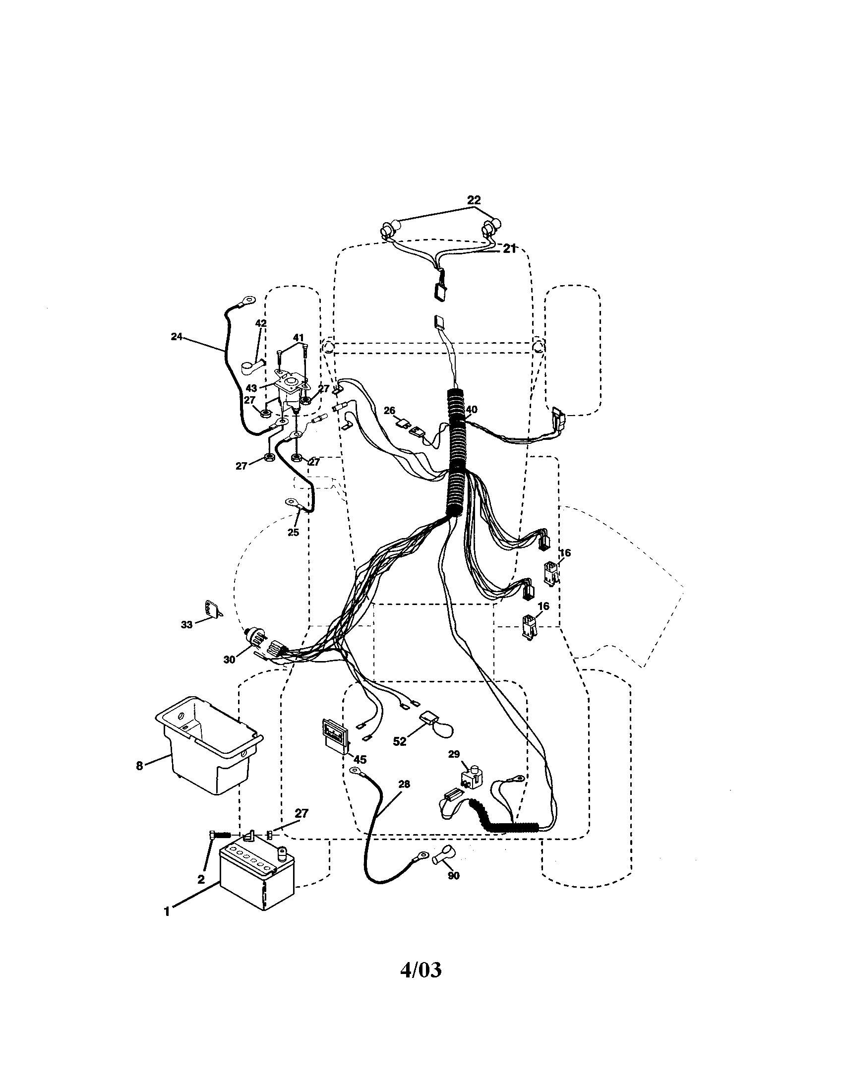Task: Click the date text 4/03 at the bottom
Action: tap(421, 970)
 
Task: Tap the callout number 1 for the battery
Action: tap(167, 911)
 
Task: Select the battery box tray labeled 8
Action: tap(207, 745)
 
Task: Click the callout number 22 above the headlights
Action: tap(474, 200)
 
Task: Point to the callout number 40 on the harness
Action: tap(471, 410)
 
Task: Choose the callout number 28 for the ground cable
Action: tap(404, 785)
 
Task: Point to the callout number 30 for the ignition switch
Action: tap(229, 660)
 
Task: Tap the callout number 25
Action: tap(293, 533)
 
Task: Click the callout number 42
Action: tap(261, 323)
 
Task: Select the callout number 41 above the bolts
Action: tap(298, 338)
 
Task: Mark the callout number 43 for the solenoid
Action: tap(251, 388)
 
